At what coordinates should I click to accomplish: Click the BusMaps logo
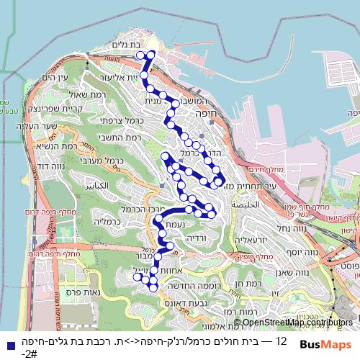pos(325,343)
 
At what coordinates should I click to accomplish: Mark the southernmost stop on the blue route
pos(152,287)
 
